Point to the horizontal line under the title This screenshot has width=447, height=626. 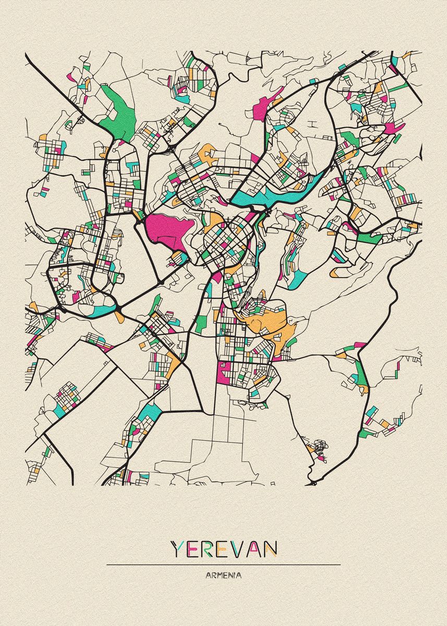pos(223,564)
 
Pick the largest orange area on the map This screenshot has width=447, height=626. pos(271,323)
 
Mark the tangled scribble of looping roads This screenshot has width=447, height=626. pos(319,447)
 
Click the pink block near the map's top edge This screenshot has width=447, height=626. pos(264,107)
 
